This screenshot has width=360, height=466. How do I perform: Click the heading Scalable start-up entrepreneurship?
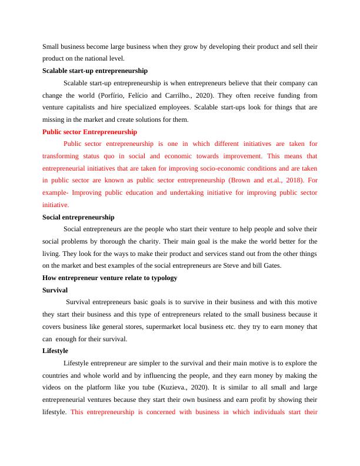[x=95, y=71]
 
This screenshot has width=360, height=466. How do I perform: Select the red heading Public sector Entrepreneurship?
[x=89, y=132]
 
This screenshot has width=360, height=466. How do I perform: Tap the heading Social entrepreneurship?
[x=78, y=217]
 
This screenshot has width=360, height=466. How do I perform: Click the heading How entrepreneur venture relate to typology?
[x=109, y=278]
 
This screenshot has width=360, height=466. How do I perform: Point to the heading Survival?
[x=55, y=290]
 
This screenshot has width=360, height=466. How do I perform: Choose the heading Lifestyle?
[x=55, y=351]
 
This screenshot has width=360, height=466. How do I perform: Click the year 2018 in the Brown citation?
[x=285, y=181]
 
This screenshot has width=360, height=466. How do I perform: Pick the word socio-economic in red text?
[x=201, y=168]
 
